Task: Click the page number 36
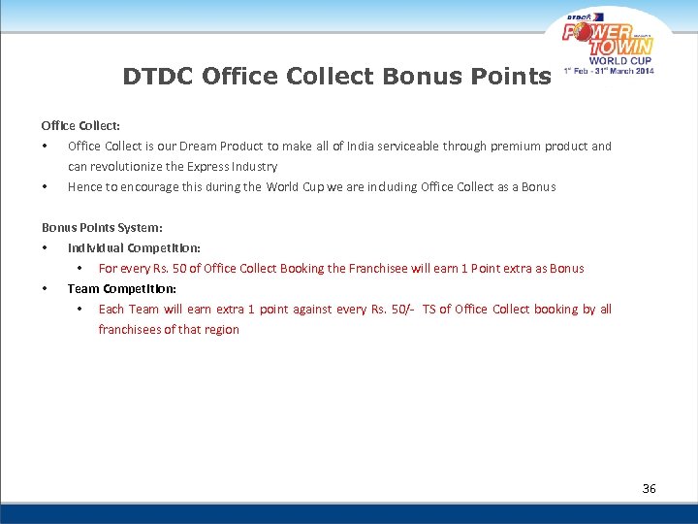[649, 488]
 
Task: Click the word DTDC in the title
[160, 76]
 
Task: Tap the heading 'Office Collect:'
[80, 125]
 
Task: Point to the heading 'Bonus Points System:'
[102, 227]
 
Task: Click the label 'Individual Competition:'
[134, 247]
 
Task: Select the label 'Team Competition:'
[121, 288]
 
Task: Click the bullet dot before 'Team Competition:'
[45, 288]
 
